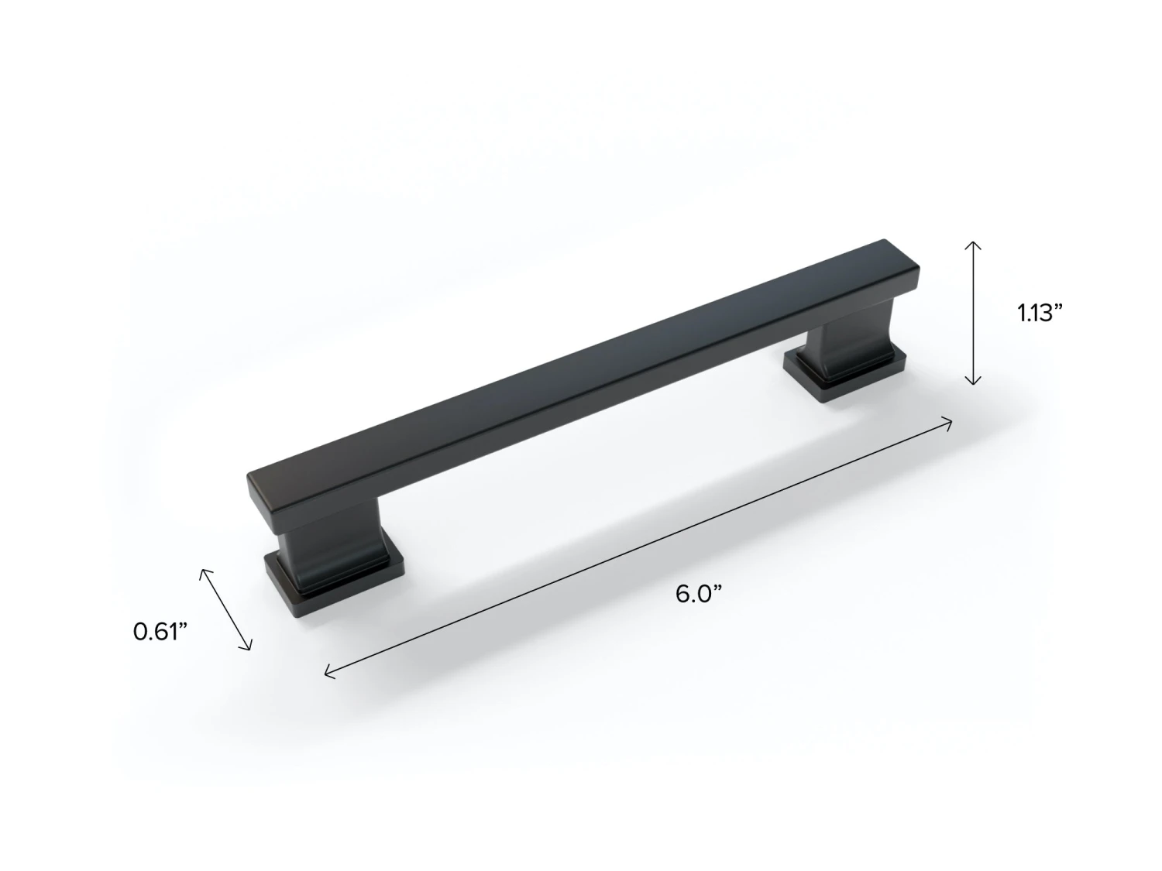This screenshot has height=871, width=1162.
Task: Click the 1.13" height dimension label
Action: [1040, 313]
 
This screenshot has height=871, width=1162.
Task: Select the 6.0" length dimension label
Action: [698, 595]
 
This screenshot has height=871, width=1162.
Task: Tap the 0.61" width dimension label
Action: [161, 631]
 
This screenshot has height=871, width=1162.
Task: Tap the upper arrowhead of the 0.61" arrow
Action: [204, 571]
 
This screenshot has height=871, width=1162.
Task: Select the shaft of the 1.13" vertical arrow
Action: [973, 313]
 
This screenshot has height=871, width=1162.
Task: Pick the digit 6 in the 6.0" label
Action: [682, 595]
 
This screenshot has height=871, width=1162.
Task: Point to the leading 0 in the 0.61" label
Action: [141, 631]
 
